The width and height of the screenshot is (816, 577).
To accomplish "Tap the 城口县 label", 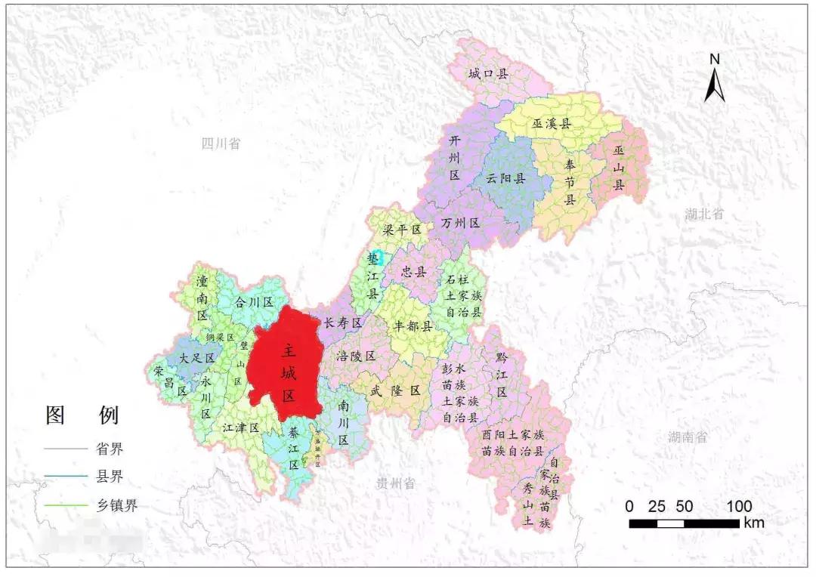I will pyautogui.click(x=488, y=73).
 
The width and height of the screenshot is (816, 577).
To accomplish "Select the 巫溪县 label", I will pyautogui.click(x=552, y=122).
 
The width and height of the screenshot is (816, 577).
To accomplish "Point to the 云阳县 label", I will pyautogui.click(x=506, y=180).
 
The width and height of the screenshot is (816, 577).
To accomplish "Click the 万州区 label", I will pyautogui.click(x=461, y=224).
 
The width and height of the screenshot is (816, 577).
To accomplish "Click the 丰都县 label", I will pyautogui.click(x=413, y=326).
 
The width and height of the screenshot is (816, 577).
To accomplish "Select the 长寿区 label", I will pyautogui.click(x=343, y=322).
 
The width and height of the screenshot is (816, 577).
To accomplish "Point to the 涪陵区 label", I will pyautogui.click(x=356, y=356).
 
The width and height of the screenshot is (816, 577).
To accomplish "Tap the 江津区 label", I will pyautogui.click(x=241, y=427).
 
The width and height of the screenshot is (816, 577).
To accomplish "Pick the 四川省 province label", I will pyautogui.click(x=221, y=143).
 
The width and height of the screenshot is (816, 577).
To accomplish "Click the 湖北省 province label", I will pyautogui.click(x=704, y=214).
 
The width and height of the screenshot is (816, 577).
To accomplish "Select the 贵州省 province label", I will pyautogui.click(x=396, y=483).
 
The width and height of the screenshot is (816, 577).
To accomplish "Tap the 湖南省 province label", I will pyautogui.click(x=687, y=437).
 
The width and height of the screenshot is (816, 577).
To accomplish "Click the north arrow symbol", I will pyautogui.click(x=714, y=79).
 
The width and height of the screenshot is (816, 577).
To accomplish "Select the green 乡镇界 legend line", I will pyautogui.click(x=66, y=506).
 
